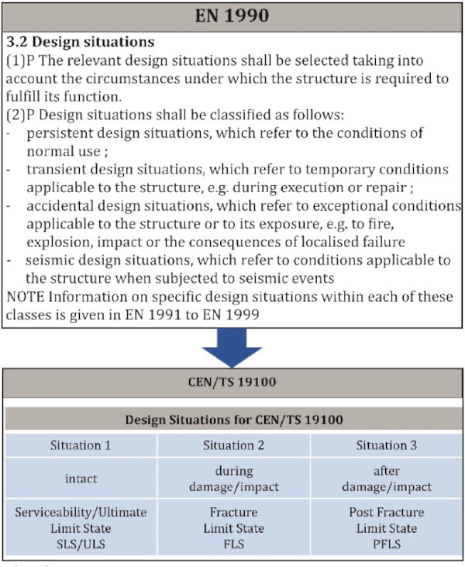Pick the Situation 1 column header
[81, 445]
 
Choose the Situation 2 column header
[233, 445]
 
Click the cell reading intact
[81, 479]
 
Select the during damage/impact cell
[233, 479]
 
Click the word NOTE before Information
[23, 297]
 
